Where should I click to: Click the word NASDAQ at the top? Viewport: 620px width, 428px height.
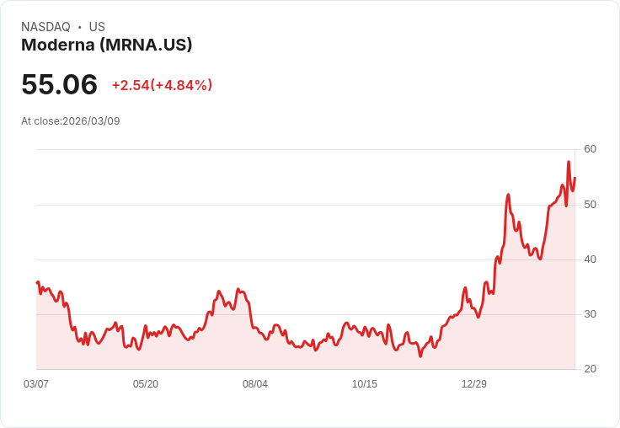click(45, 27)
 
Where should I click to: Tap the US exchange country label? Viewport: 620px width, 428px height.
click(97, 27)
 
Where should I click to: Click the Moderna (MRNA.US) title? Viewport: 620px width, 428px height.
click(107, 45)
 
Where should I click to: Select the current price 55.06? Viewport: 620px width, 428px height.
click(59, 84)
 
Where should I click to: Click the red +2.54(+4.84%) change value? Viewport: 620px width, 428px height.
click(162, 85)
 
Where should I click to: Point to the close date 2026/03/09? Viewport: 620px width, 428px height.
click(91, 121)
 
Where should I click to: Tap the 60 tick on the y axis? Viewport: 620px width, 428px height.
click(590, 149)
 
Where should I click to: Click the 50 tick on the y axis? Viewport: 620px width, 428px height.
click(590, 205)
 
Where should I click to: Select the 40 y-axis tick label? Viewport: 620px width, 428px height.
click(590, 259)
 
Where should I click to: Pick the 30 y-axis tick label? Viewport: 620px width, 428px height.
click(590, 314)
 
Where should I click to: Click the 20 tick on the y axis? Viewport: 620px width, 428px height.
click(590, 369)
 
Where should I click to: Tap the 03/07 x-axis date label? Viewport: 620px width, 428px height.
click(36, 384)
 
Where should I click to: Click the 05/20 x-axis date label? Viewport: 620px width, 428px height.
click(146, 384)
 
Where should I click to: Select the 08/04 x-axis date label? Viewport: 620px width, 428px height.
click(255, 384)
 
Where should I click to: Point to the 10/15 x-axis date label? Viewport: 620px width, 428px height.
click(365, 384)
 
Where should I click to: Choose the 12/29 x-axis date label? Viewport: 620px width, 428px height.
click(474, 384)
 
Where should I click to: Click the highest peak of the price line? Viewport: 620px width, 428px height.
click(569, 162)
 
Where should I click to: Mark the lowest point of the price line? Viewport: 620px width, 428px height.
click(420, 356)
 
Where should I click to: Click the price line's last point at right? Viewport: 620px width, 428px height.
click(575, 177)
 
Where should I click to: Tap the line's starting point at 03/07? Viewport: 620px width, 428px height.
click(37, 282)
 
